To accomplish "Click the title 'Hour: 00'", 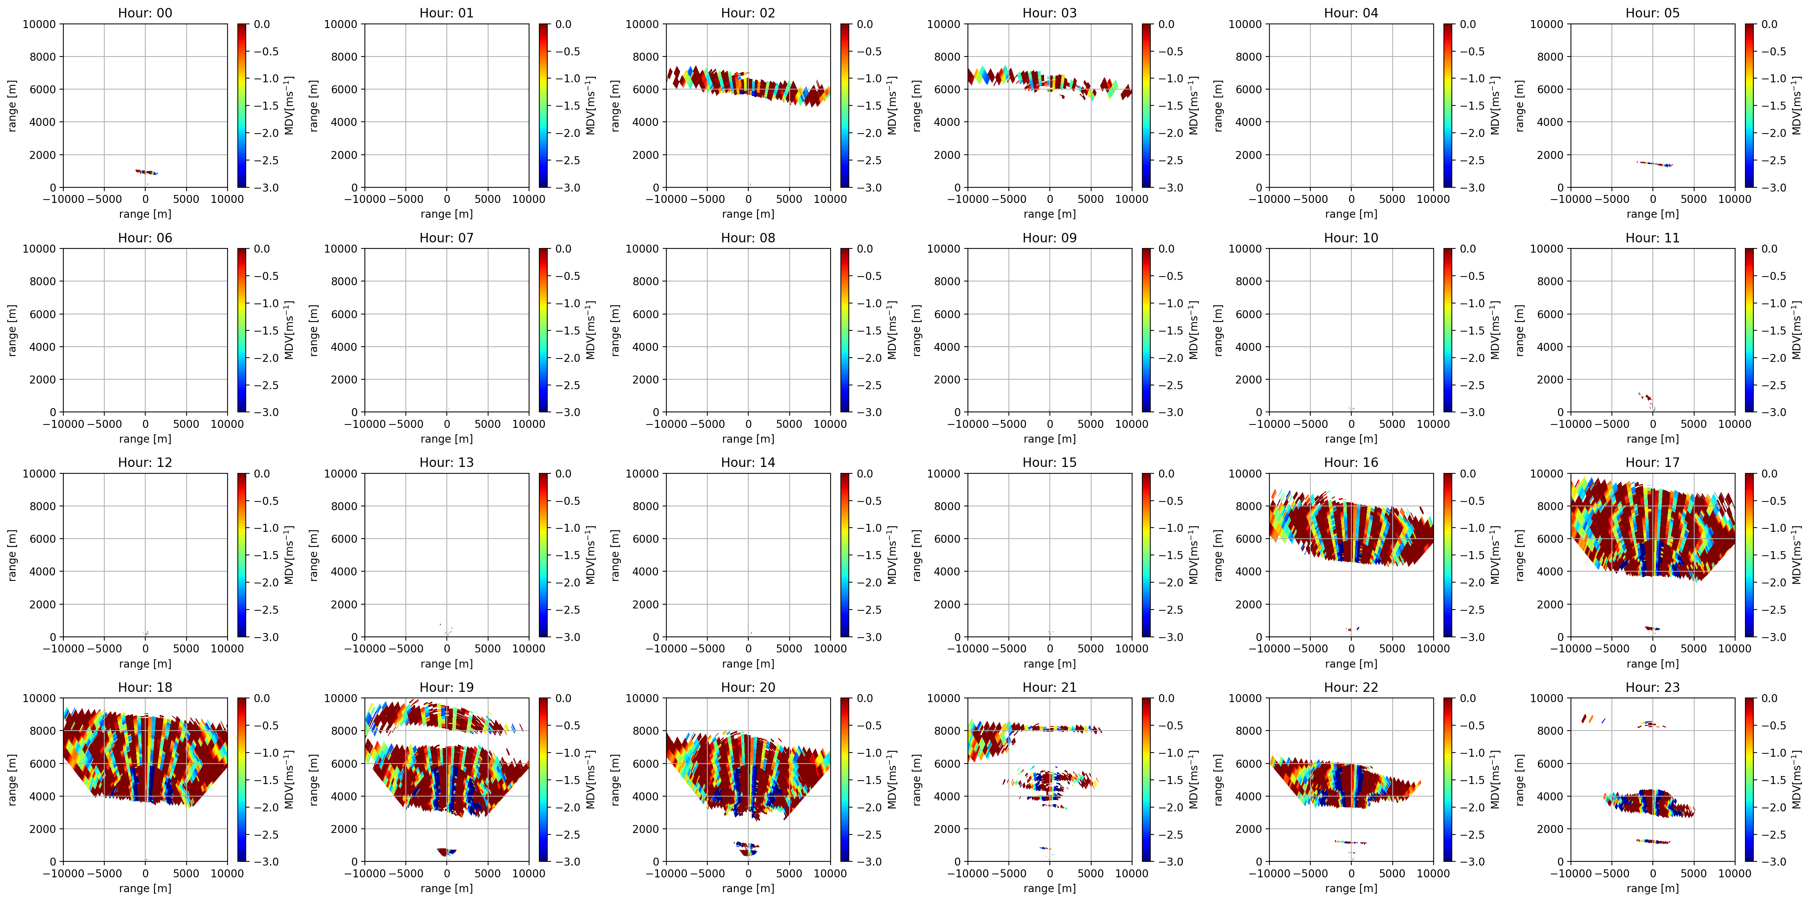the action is [145, 13].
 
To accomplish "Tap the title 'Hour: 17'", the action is [1652, 462].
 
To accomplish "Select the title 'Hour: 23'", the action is [1652, 687].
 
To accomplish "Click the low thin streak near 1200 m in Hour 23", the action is [1653, 841].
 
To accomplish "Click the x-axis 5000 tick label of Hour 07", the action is [487, 424].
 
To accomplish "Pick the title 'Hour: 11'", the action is [1652, 237].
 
